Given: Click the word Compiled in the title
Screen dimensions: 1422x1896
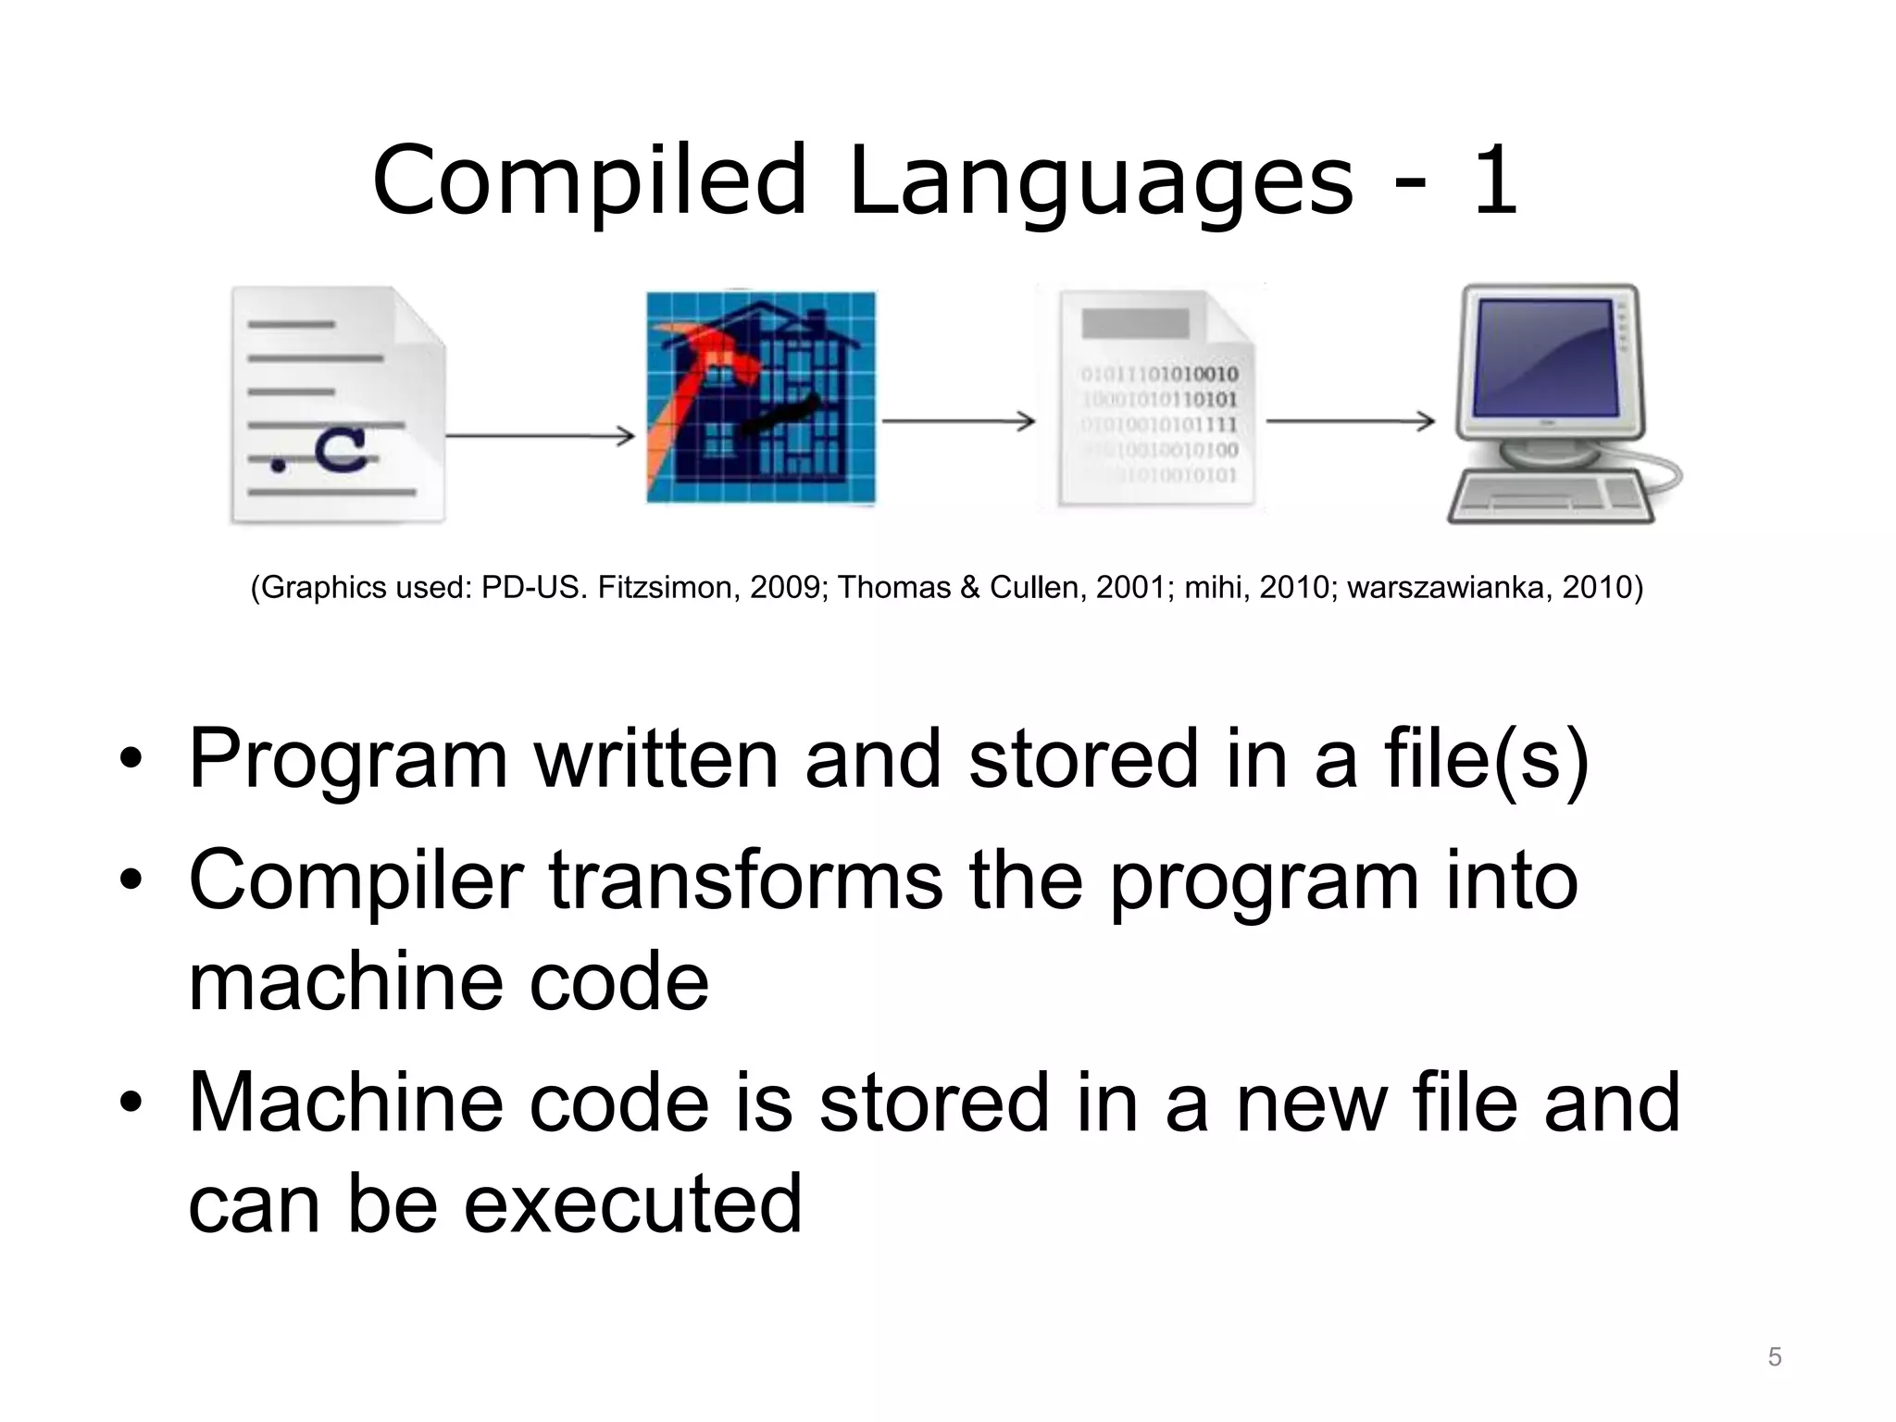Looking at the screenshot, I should [x=590, y=180].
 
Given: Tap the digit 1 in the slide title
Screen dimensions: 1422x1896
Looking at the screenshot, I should [x=1492, y=180].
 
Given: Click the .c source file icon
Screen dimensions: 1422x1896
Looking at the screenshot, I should [x=338, y=405].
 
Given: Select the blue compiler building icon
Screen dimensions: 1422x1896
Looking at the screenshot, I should [x=761, y=398].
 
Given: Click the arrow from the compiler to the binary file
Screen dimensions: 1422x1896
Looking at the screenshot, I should [x=957, y=421].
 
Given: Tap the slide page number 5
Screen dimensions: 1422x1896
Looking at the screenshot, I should [x=1774, y=1357].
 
